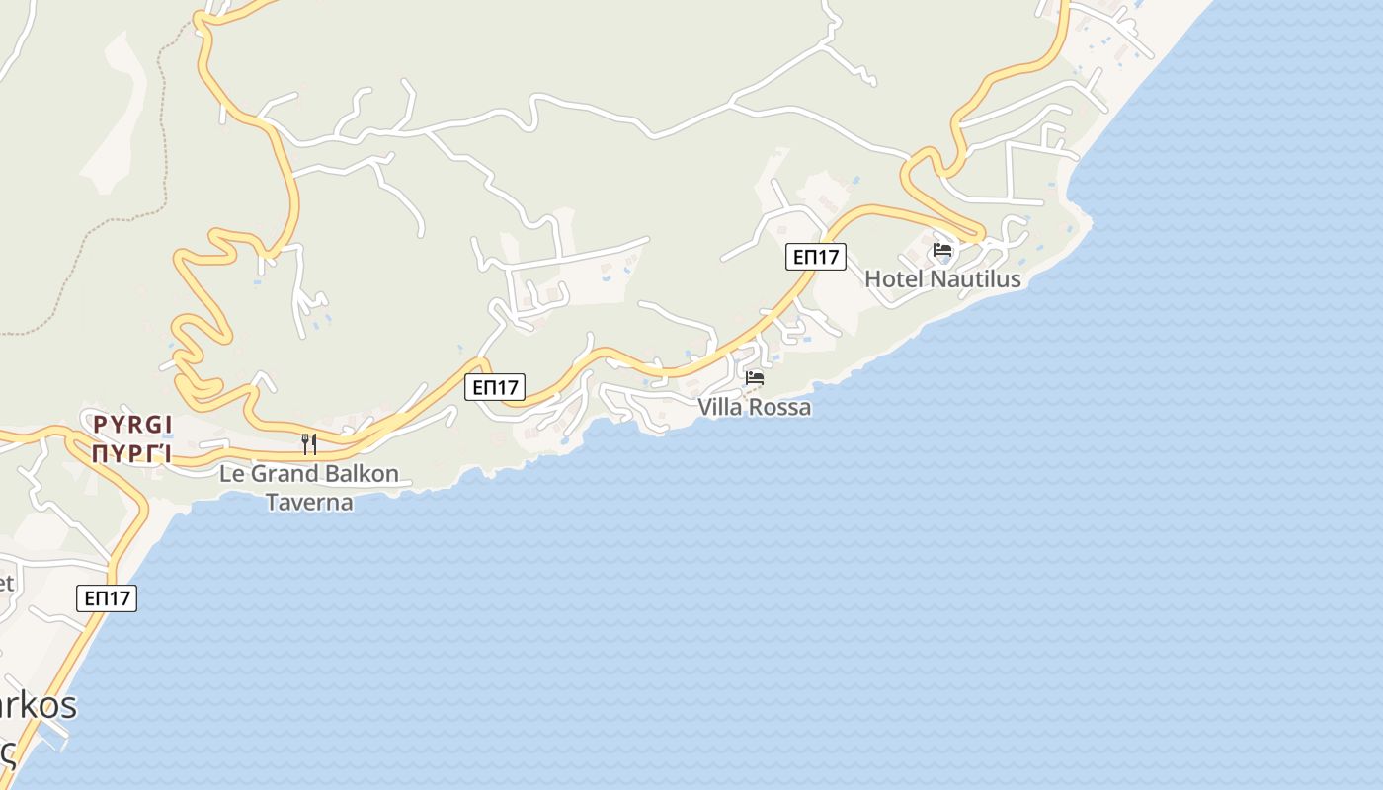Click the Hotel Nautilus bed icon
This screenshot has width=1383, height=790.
click(x=942, y=250)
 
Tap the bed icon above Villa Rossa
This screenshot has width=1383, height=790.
click(x=755, y=378)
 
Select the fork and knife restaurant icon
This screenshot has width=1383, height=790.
click(x=309, y=443)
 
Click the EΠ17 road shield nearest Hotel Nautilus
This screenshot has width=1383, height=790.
click(x=816, y=257)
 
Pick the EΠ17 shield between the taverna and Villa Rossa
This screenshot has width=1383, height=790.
click(x=495, y=387)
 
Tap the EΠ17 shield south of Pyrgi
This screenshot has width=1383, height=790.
click(x=107, y=597)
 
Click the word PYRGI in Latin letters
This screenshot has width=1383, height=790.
click(x=132, y=426)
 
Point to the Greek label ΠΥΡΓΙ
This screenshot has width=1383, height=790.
click(x=132, y=453)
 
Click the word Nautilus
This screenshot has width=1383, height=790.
click(x=975, y=279)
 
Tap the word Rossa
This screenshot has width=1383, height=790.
click(x=779, y=407)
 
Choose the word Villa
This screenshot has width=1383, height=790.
click(x=719, y=407)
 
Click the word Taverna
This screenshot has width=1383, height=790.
click(x=309, y=502)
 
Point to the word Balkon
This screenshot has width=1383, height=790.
click(x=362, y=474)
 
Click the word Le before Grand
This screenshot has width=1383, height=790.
click(x=231, y=474)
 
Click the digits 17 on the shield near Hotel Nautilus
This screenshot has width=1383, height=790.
click(x=828, y=257)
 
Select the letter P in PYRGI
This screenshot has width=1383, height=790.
click(x=99, y=426)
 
